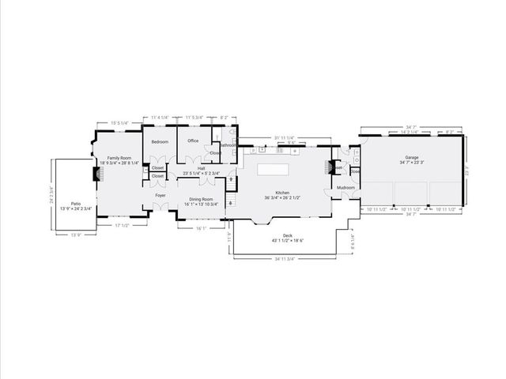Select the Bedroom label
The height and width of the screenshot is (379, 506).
[x=160, y=141]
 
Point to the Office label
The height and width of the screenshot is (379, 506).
[x=192, y=141]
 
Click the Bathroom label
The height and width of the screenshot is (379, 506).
[x=228, y=144]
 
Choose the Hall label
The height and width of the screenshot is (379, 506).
[x=201, y=168]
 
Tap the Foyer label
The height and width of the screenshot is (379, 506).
[x=160, y=195]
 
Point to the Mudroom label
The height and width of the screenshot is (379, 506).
[x=345, y=187]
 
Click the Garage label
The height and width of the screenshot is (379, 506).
[x=411, y=157]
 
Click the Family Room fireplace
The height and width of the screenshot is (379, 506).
[x=96, y=174]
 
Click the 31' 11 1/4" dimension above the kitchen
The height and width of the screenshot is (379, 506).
[x=284, y=137]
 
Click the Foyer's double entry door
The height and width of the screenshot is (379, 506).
[x=160, y=208]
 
